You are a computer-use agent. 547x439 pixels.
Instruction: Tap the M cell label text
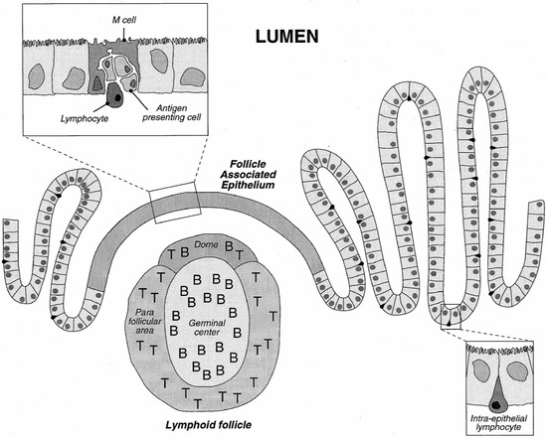[x=123, y=18]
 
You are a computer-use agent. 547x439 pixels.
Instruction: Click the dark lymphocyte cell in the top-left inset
[x=117, y=97]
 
